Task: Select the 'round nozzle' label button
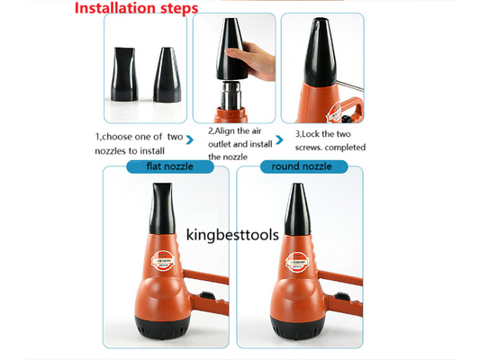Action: coord(296,166)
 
